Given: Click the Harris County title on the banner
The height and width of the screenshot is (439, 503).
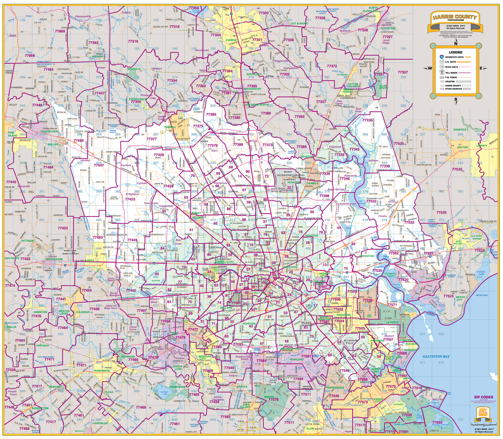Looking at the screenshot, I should click(455, 18).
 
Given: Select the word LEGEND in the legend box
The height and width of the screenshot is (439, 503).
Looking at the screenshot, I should click(455, 52).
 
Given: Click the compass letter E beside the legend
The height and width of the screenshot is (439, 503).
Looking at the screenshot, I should click(483, 68).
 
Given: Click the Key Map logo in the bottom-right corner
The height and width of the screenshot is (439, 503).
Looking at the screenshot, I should click(483, 412).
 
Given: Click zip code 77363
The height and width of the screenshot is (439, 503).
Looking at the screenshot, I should click(93, 43).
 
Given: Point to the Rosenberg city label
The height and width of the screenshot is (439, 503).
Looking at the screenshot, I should click(102, 371).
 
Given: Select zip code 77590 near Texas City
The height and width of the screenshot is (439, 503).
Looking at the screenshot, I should click(437, 422).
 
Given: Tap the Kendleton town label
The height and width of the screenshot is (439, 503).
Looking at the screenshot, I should click(41, 408).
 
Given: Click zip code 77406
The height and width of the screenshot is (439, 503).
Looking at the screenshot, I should click(95, 309).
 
